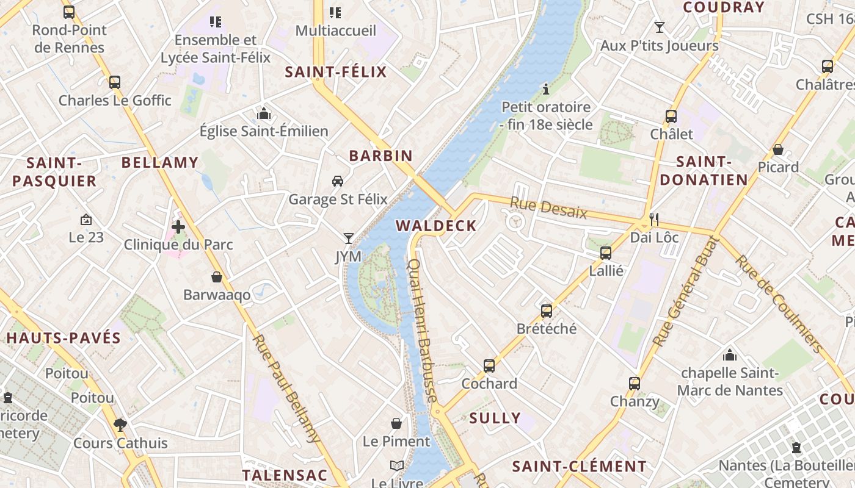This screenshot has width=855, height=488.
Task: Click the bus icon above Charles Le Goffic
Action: (x=114, y=82)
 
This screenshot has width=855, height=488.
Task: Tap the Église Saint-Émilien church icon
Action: (x=264, y=113)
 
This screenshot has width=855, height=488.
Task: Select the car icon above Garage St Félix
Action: (x=337, y=181)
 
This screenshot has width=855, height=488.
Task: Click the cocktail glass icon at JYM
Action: (x=349, y=239)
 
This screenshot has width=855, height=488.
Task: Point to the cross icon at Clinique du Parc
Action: (x=178, y=228)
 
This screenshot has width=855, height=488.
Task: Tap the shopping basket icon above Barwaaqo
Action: (x=217, y=278)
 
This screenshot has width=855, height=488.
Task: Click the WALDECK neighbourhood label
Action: (x=436, y=226)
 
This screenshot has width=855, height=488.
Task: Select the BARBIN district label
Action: (x=381, y=156)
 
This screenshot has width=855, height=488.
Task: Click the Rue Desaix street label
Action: (x=548, y=209)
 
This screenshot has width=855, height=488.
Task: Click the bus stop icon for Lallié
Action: (x=606, y=253)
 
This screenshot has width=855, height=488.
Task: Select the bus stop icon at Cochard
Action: (x=489, y=366)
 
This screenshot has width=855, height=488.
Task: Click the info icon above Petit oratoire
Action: (x=546, y=90)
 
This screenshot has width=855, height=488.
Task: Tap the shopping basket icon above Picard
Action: (x=778, y=149)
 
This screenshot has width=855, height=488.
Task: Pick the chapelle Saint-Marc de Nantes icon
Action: (x=730, y=355)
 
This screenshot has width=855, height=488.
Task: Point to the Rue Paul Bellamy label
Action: (x=286, y=388)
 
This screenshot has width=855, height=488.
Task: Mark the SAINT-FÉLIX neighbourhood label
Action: (x=336, y=73)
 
